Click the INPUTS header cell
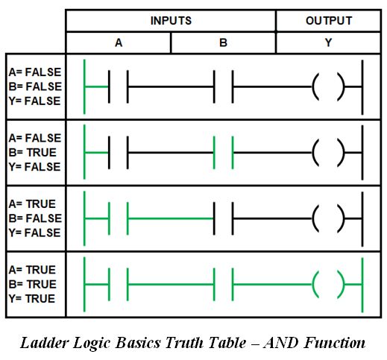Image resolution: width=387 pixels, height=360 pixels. click(171, 21)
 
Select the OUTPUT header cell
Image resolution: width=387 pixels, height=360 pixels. click(329, 21)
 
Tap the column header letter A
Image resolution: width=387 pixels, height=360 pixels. click(119, 43)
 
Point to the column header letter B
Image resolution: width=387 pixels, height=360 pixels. click(223, 43)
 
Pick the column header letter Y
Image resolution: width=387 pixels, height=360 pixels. click(329, 43)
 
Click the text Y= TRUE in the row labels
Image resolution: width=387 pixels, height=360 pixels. click(32, 299)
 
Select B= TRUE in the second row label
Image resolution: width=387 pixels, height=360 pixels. click(33, 153)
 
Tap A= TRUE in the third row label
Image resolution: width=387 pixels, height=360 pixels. click(32, 204)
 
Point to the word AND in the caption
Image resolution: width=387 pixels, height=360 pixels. click(280, 343)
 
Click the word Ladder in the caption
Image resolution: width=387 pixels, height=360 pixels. click(44, 343)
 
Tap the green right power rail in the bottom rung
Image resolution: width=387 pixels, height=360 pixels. click(362, 285)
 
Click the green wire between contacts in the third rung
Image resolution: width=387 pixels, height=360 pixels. click(171, 218)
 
